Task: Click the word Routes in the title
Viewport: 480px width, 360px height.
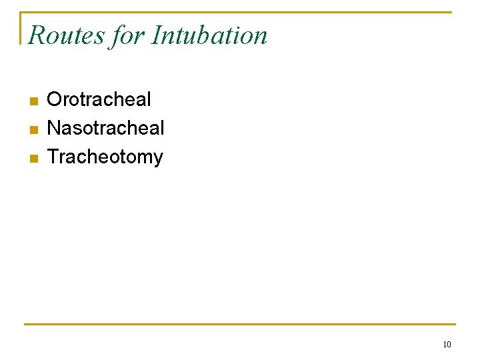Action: click(x=66, y=35)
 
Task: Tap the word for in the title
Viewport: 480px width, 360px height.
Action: click(x=127, y=35)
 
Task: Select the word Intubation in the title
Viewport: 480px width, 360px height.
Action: click(x=209, y=35)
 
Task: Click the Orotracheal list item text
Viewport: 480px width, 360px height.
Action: click(x=99, y=100)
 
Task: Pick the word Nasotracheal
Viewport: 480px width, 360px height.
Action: click(x=106, y=128)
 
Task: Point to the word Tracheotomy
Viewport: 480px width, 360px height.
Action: click(x=105, y=157)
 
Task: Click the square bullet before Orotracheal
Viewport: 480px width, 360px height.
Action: click(x=34, y=101)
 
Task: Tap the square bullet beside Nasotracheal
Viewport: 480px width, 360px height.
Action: click(x=34, y=129)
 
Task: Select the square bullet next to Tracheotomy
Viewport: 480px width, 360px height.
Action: click(x=34, y=159)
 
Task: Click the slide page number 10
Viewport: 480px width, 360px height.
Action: click(x=447, y=345)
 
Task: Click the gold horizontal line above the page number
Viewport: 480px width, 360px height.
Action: click(x=240, y=325)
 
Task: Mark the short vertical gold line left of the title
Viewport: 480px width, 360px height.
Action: click(x=21, y=28)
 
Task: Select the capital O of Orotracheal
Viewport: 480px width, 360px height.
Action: click(x=55, y=100)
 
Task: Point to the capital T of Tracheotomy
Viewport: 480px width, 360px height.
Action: click(x=54, y=157)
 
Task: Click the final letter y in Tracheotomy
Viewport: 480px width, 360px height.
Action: click(x=158, y=159)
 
